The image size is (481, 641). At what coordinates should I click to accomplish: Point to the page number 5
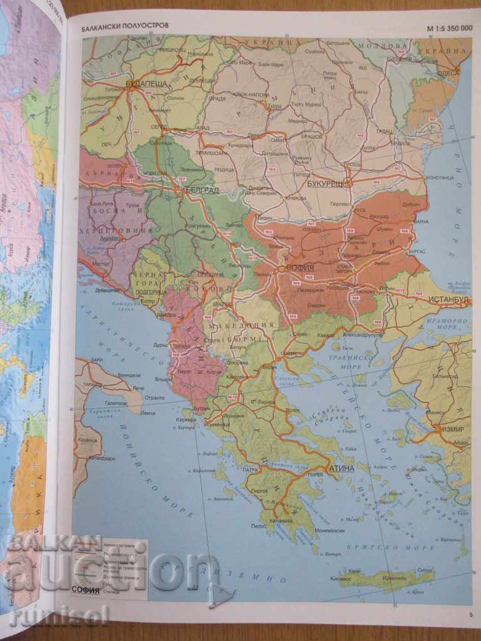470,614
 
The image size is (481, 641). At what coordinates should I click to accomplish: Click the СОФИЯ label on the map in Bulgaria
301,267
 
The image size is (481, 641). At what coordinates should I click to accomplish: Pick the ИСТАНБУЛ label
449,300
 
